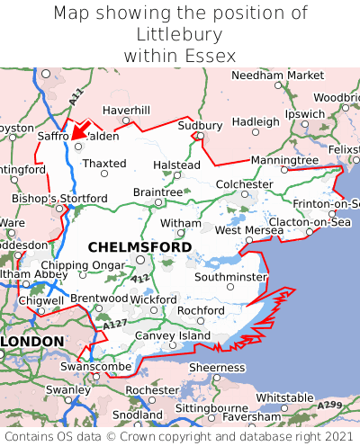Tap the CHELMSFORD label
(139, 246)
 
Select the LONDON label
(32, 342)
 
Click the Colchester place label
(245, 184)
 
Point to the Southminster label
(230, 277)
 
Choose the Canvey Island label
(172, 335)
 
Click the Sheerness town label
(216, 367)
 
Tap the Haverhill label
(126, 110)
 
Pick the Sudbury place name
(200, 125)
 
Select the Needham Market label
(277, 76)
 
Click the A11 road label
(75, 93)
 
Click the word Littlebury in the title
(180, 34)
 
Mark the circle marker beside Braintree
(158, 202)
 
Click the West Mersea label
(249, 230)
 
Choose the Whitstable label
(284, 397)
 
